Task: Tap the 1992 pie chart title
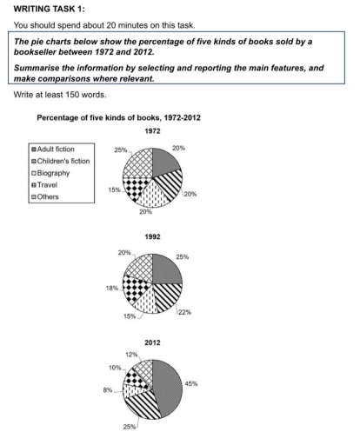(151, 234)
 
